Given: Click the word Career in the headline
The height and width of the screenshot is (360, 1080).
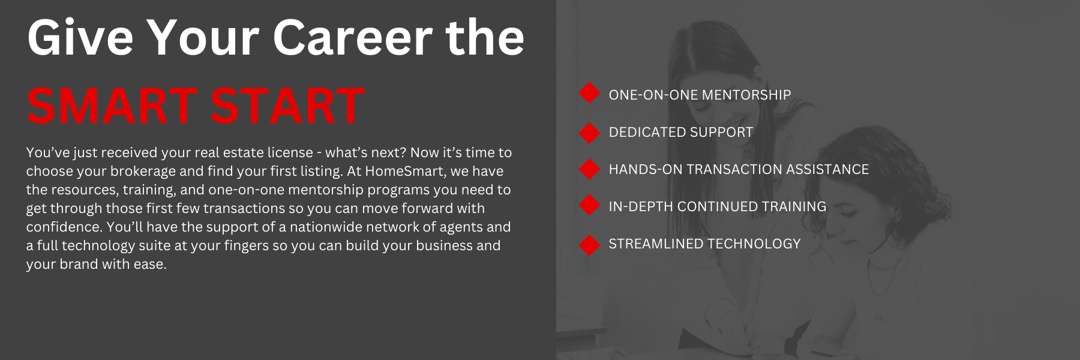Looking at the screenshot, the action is [353, 37].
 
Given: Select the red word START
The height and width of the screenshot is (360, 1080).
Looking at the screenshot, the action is [288, 106].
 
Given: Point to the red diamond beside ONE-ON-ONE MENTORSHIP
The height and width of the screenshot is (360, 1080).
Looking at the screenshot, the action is [589, 94].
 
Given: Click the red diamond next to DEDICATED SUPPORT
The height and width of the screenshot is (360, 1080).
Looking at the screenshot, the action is [589, 132].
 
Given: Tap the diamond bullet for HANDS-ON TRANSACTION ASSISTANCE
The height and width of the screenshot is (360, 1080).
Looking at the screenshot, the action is [589, 169].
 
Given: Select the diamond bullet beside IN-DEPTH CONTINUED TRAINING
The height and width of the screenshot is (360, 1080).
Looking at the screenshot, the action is [589, 206].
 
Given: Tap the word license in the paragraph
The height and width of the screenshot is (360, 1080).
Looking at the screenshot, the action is [290, 152].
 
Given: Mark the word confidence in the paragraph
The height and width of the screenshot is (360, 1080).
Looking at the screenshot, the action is [64, 227].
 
